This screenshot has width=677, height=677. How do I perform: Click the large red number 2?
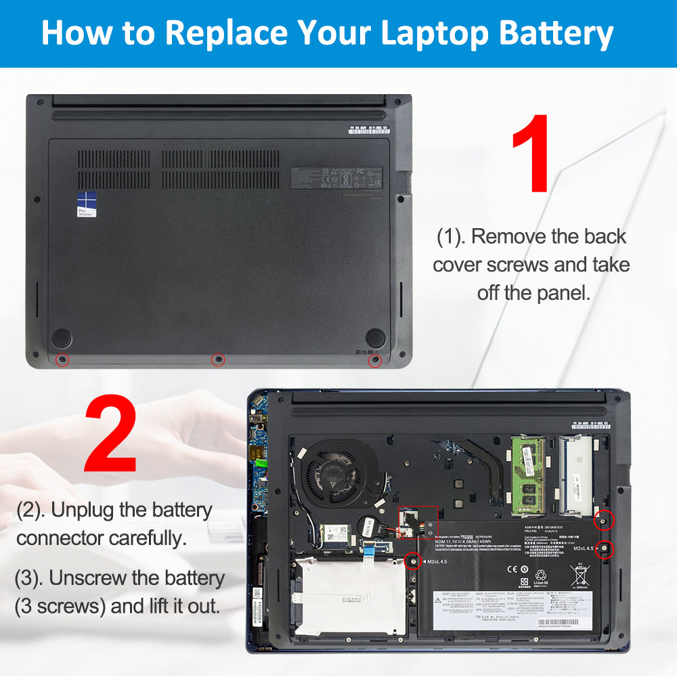[110, 435]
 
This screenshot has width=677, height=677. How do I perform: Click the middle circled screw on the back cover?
[218, 359]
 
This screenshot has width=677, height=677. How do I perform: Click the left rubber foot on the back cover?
[62, 338]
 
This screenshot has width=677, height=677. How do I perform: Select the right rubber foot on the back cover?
[375, 338]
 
